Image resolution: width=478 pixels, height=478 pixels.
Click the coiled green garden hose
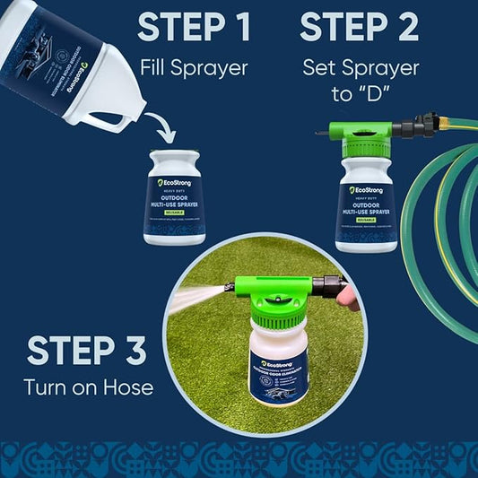pyautogui.click(x=439, y=224)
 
